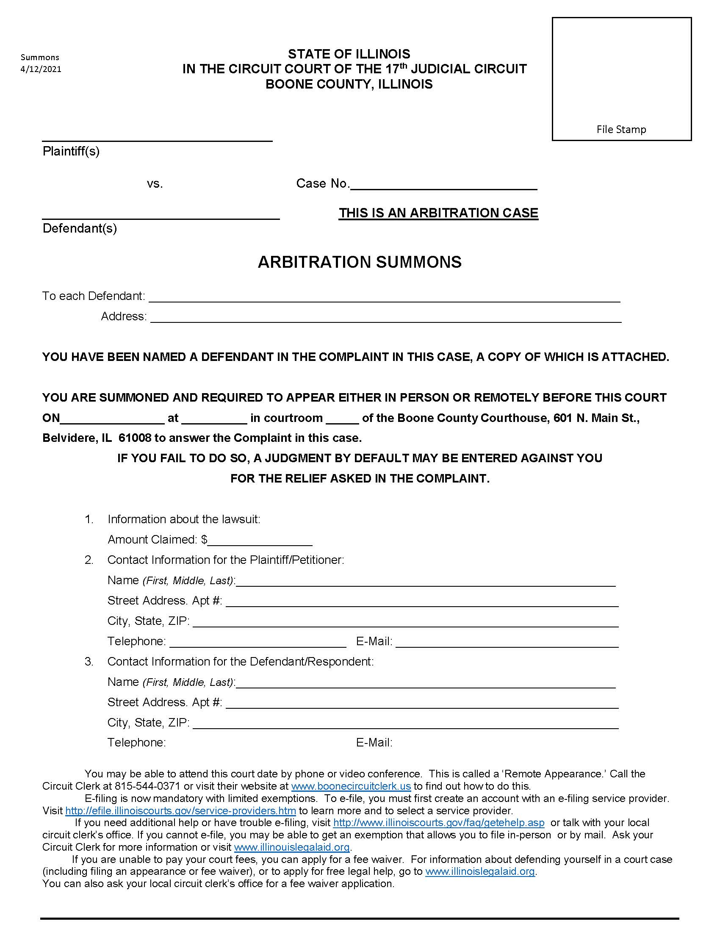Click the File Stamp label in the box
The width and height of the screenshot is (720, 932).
(x=620, y=129)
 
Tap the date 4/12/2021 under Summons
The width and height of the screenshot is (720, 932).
(x=41, y=69)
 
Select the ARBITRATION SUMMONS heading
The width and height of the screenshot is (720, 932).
(x=360, y=261)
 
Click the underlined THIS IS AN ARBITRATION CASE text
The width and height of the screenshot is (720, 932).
(x=438, y=213)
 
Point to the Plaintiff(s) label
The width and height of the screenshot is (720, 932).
(x=71, y=151)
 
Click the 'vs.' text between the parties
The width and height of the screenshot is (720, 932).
(x=155, y=184)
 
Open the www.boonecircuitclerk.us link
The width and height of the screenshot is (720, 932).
(x=351, y=786)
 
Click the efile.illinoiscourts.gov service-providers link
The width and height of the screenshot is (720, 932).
(x=180, y=810)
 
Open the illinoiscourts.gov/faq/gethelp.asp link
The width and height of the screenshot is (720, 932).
(x=438, y=822)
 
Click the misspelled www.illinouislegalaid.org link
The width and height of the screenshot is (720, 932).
(x=292, y=847)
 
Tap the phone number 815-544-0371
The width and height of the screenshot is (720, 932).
(x=147, y=786)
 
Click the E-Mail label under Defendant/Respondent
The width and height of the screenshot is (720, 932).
(x=374, y=743)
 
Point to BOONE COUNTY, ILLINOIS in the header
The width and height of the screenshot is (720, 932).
(x=349, y=84)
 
